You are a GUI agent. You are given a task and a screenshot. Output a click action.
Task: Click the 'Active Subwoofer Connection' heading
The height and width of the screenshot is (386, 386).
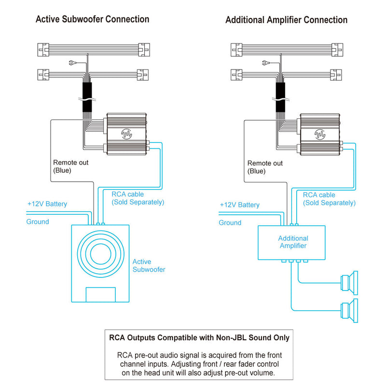[92, 19]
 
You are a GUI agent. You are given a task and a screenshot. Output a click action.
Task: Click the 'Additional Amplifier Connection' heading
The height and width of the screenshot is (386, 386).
[286, 20]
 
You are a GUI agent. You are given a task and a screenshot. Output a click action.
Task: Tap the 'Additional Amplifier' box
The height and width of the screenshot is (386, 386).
[293, 242]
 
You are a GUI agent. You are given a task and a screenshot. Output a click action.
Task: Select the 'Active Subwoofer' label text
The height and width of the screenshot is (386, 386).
[149, 265]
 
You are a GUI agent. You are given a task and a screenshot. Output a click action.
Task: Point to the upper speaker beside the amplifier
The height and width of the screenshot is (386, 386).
[349, 282]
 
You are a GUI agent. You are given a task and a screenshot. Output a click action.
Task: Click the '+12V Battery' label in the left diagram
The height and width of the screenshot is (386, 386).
[47, 204]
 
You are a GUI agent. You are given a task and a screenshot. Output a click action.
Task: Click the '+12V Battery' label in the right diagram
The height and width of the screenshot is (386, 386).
[239, 205]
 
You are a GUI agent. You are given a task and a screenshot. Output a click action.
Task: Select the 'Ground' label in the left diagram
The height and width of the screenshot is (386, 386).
[38, 222]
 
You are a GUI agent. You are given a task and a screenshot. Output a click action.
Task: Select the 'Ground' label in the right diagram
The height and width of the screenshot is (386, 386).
[230, 223]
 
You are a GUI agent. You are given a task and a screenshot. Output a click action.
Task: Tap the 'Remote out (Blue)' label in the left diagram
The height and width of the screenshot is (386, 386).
[70, 166]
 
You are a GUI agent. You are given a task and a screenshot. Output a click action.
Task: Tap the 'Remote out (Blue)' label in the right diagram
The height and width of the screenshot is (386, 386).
[265, 167]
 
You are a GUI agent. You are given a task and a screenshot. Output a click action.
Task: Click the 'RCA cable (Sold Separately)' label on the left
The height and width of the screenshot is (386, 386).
[138, 198]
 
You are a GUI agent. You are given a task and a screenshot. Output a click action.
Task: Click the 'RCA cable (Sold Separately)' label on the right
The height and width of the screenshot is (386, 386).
[329, 199]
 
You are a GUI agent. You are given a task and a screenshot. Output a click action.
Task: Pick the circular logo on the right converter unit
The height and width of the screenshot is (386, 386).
[320, 134]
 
